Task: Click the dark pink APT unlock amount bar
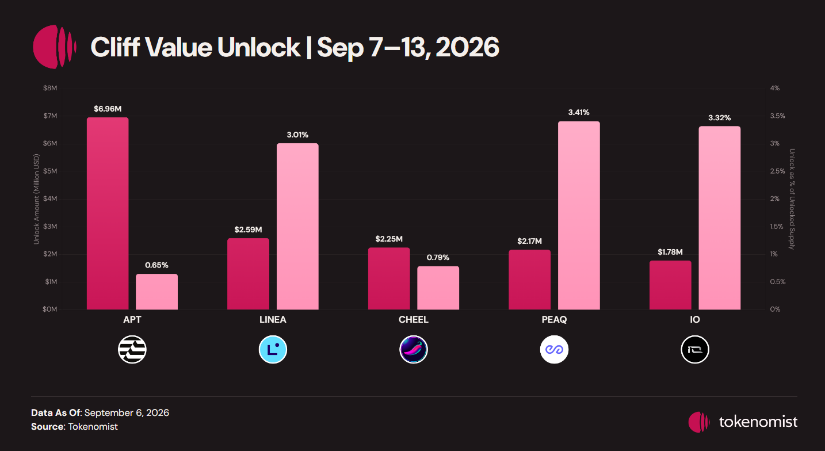click(108, 213)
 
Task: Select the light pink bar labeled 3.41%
click(579, 215)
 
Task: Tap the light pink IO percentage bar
click(720, 218)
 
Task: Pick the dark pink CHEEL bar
click(389, 278)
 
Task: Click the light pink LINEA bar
click(297, 227)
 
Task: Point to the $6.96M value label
click(108, 109)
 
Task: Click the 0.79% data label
click(438, 258)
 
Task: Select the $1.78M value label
click(670, 252)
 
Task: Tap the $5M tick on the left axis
click(50, 171)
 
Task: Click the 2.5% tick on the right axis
click(777, 171)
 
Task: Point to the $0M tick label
click(49, 309)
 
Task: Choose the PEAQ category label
click(554, 320)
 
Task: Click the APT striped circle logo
click(132, 349)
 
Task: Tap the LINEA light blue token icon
click(273, 349)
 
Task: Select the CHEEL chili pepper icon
click(414, 349)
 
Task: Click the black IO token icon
click(695, 349)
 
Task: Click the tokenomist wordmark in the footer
click(758, 422)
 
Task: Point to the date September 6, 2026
click(127, 412)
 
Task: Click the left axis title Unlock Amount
click(36, 199)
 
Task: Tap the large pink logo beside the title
click(55, 47)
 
